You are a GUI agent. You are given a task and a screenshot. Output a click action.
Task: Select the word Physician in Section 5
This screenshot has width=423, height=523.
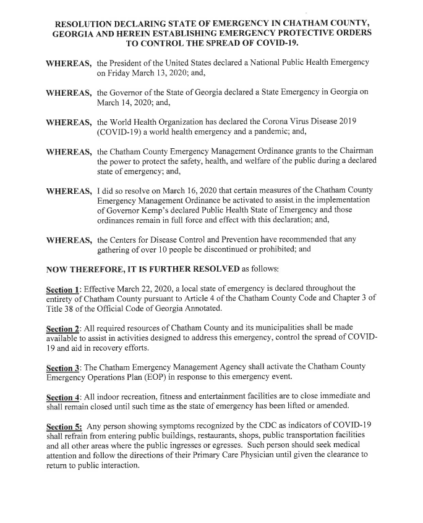click(244, 459)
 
